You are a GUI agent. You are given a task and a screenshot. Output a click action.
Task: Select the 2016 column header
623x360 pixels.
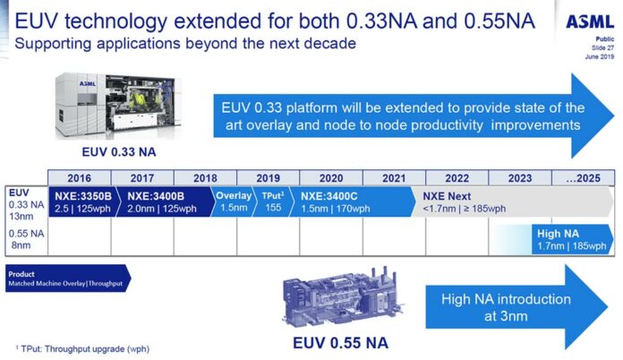point(79,177)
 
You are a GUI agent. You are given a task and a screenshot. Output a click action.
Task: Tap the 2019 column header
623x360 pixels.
point(268,177)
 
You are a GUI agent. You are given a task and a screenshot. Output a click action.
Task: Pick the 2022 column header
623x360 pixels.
point(457,177)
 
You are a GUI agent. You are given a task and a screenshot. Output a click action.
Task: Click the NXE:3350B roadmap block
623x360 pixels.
point(80,201)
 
